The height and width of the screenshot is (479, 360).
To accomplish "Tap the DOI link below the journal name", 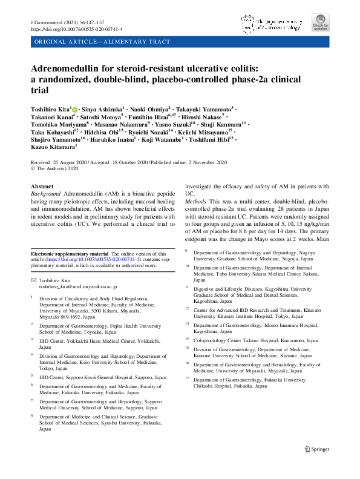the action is (76, 28).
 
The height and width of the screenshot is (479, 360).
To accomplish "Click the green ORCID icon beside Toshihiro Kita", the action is (76, 107).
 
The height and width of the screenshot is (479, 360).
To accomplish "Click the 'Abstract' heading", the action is (42, 187).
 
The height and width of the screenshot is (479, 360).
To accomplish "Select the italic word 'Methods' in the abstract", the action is (196, 201).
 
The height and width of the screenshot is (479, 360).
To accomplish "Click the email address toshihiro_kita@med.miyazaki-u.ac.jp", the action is (77, 286).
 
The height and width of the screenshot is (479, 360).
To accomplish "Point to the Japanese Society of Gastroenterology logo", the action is (270, 24).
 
